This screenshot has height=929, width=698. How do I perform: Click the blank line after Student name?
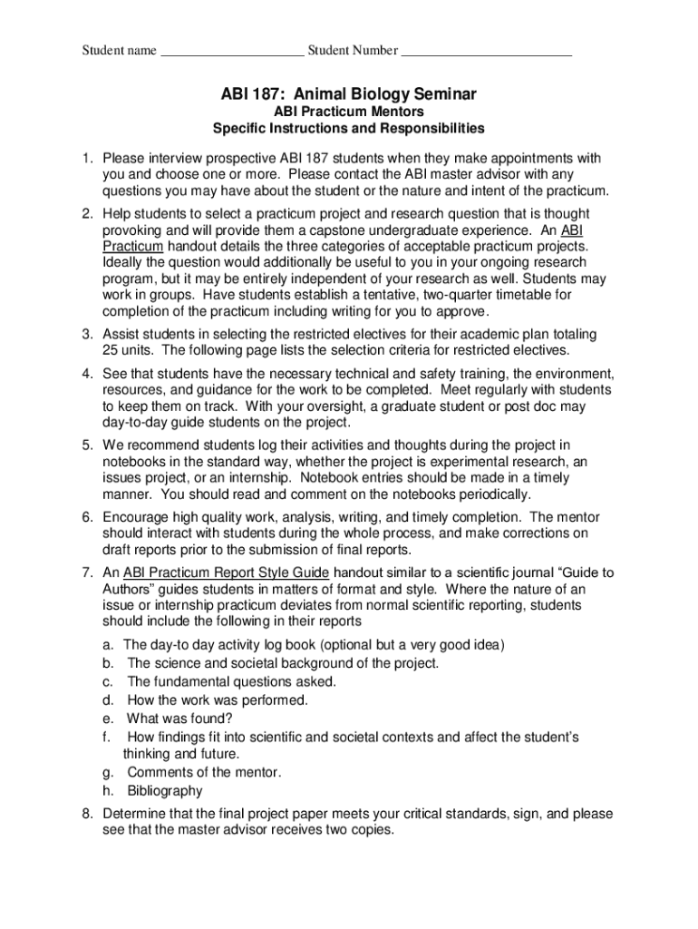point(232,51)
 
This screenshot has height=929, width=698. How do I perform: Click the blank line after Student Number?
point(486,51)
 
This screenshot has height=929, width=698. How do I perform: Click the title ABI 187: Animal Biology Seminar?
point(349,93)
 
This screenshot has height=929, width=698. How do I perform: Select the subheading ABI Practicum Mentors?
point(349,112)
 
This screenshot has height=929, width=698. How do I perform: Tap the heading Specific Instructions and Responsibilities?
point(349,129)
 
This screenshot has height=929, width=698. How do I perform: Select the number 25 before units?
point(111,349)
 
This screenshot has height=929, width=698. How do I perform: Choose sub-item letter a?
point(107,645)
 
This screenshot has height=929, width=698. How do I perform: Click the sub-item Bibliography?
point(165,791)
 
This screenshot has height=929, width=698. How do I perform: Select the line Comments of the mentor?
point(204,772)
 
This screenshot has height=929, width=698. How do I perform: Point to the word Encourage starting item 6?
point(137,517)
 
